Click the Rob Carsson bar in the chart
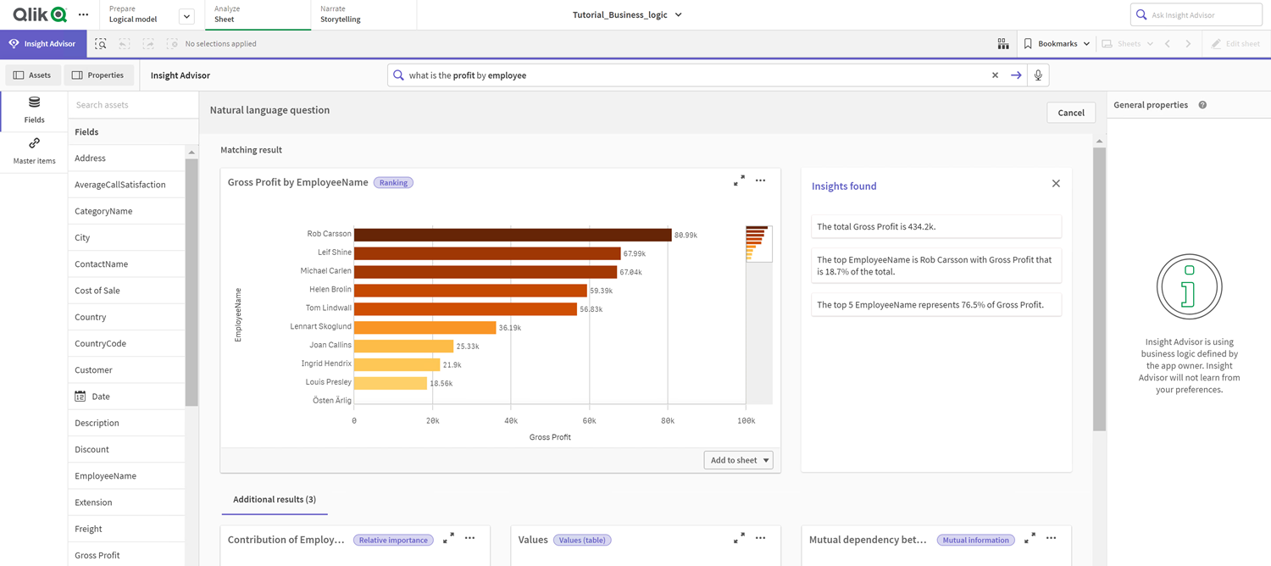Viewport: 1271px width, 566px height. point(513,235)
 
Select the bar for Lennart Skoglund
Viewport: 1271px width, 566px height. point(425,327)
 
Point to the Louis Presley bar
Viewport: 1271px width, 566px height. point(391,383)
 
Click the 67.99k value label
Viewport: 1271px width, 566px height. point(635,253)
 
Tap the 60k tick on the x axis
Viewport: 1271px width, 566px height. point(589,420)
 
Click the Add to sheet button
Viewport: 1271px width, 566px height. point(738,460)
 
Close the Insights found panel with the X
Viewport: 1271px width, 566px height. point(1056,184)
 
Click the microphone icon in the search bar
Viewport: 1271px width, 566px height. point(1038,75)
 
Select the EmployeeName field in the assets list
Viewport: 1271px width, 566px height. point(105,476)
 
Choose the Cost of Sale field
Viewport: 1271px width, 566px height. point(97,291)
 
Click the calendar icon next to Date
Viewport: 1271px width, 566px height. point(80,397)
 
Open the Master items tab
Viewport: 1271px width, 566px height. point(34,151)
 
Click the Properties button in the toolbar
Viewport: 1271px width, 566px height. point(98,75)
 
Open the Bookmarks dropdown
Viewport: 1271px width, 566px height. point(1057,44)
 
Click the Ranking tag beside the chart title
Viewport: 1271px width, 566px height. point(393,183)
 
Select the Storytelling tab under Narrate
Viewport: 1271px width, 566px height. point(341,19)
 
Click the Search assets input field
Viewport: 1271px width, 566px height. point(131,105)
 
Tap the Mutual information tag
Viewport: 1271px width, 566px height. point(976,540)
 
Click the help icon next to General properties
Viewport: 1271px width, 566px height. point(1202,105)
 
